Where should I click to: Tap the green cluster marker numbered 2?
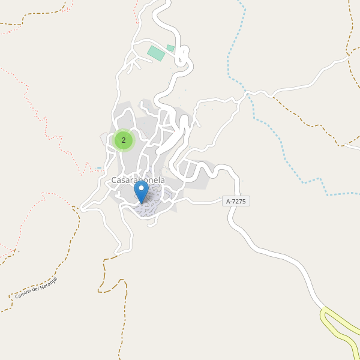pos(124,140)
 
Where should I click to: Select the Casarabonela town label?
pos(138,180)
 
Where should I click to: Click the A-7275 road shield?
pos(236,202)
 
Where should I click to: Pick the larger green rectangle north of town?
pos(156,53)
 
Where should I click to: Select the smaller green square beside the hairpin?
pos(170,48)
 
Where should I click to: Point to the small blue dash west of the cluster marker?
pos(99,168)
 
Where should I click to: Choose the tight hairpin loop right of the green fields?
pos(182,58)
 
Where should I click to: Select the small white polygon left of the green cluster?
pos(104,139)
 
